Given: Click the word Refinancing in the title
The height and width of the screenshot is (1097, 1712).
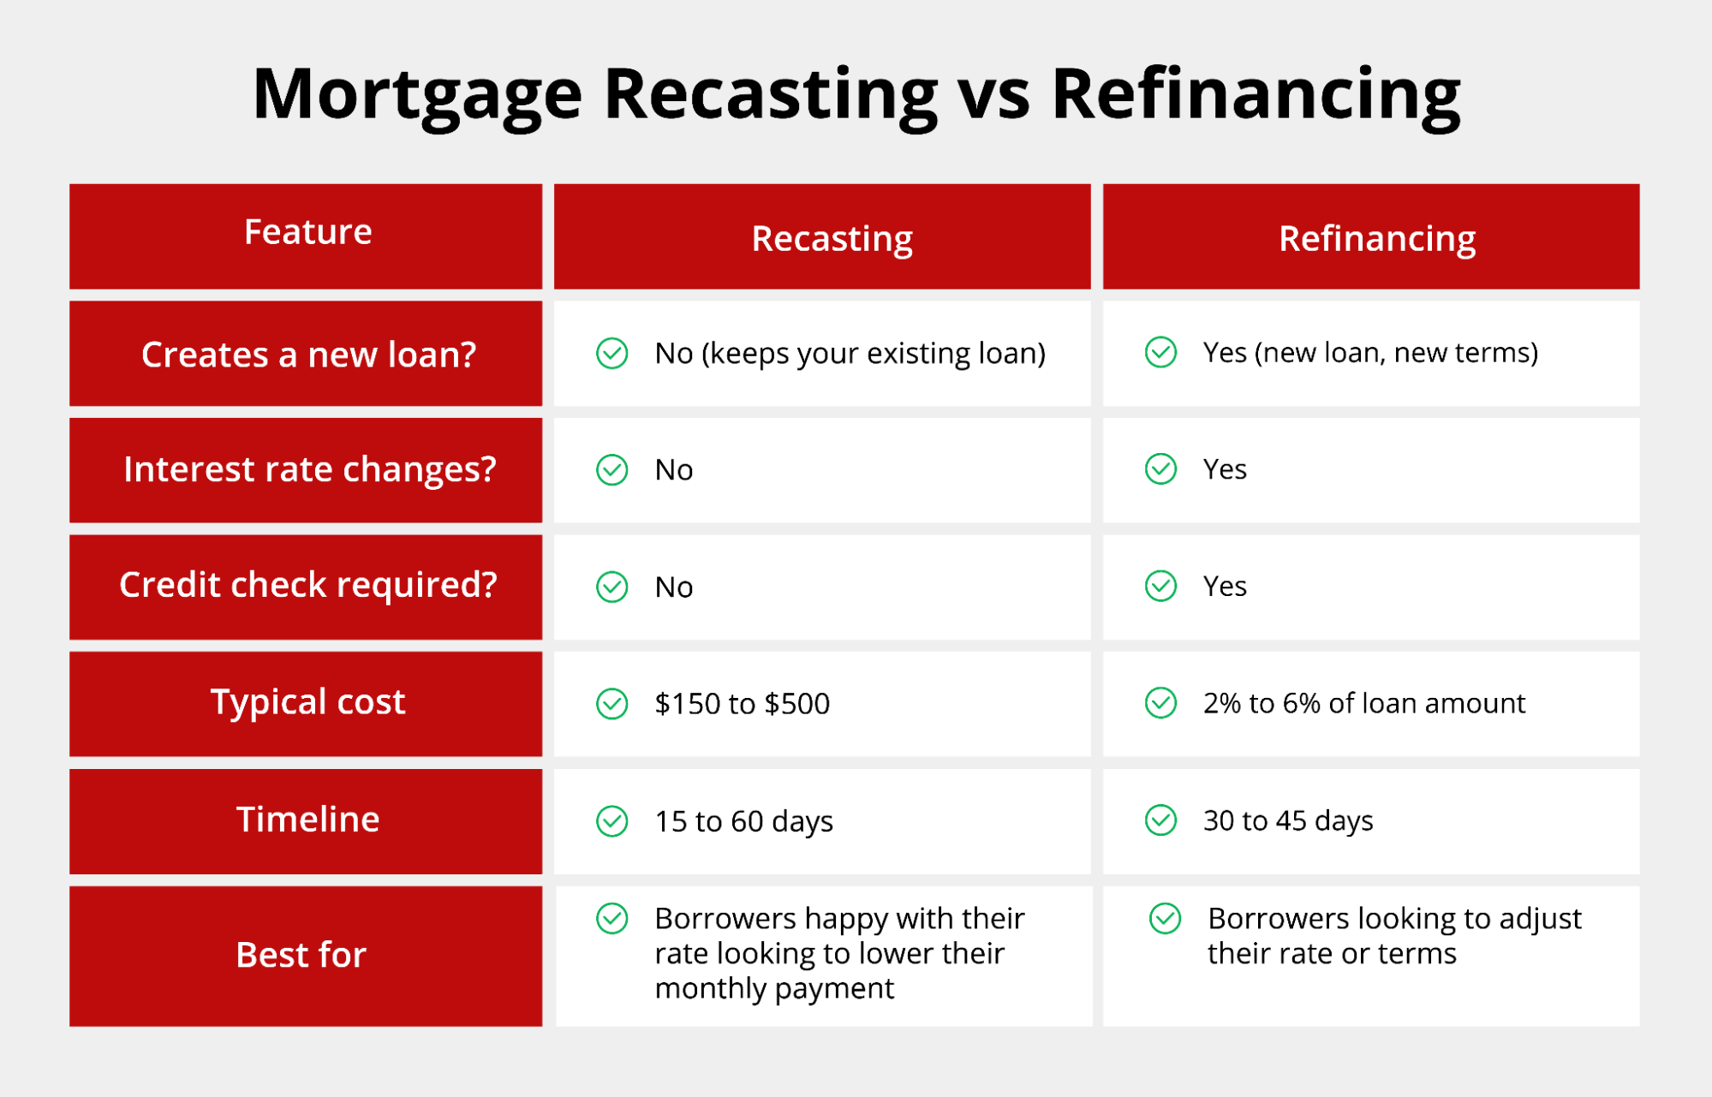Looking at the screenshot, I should [1256, 94].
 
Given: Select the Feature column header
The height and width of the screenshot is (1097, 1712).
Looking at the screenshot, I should [307, 232].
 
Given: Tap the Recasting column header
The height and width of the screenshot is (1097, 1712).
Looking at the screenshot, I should [832, 238].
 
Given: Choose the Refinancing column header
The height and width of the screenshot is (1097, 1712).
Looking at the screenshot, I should [1376, 238].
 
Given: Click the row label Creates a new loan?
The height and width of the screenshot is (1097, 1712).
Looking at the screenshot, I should [308, 355].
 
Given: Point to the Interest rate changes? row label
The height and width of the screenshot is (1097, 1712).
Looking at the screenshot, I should [309, 469].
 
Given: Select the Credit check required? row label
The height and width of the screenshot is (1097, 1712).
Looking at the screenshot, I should [307, 585].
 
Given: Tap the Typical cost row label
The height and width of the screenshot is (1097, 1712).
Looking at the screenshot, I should [307, 702].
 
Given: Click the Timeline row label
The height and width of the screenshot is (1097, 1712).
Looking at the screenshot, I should [307, 820].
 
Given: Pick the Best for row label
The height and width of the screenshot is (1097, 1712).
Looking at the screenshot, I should [301, 955].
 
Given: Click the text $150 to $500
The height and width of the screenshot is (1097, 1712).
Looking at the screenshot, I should [742, 704].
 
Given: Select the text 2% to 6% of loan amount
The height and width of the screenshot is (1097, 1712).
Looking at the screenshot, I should [1363, 703].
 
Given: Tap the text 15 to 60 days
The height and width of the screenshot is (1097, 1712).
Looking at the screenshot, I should [743, 821].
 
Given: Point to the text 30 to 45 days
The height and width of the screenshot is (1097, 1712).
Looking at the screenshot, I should [1287, 820].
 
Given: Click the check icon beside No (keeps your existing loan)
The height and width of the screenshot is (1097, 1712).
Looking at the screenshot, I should [612, 354].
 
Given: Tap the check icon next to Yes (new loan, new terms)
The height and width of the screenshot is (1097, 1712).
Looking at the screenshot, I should [1160, 352].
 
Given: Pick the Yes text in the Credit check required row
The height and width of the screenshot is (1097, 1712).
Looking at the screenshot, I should [1225, 587].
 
